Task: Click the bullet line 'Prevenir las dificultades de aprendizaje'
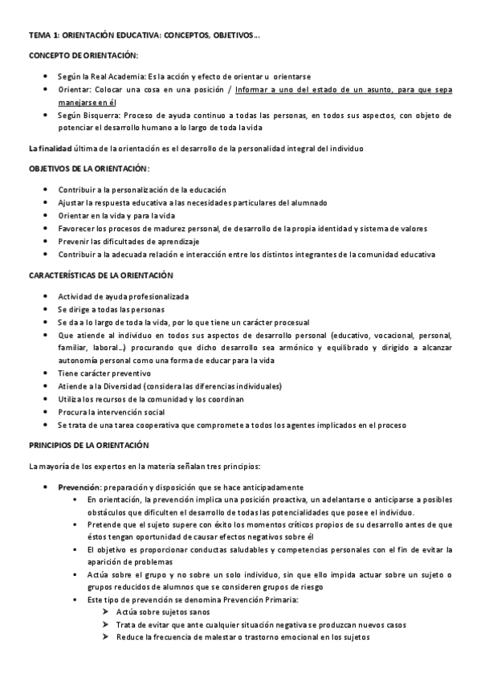128,241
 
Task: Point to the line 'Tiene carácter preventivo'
104,373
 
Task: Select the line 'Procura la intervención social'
111,412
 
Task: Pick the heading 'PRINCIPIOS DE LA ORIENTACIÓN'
90,444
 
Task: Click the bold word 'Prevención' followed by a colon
78,487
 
